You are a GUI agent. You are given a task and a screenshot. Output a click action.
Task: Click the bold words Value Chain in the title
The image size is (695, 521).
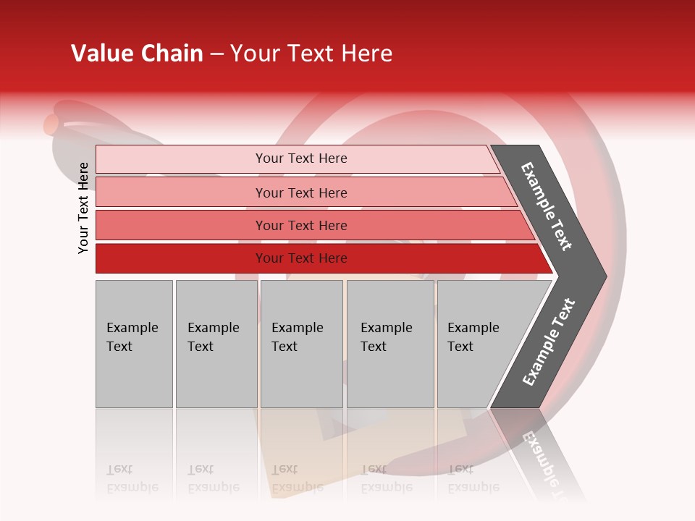point(137,54)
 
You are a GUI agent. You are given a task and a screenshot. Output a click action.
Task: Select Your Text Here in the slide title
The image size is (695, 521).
point(311,54)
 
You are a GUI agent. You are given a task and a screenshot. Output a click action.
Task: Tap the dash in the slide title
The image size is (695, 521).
point(216,54)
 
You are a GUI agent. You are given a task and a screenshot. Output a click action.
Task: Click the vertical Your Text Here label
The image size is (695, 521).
point(84,208)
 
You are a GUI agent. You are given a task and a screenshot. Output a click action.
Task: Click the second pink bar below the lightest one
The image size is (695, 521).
point(301,192)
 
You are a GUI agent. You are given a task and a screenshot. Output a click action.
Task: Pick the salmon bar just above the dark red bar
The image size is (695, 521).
point(301,225)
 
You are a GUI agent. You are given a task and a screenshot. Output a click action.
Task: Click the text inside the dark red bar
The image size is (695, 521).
point(301,258)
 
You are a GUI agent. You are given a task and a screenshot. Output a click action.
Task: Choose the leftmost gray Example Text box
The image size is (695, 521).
point(134,343)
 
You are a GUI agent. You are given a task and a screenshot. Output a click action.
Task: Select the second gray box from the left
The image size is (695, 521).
point(216,343)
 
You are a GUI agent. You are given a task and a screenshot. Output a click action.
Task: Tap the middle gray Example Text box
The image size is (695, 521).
point(301,343)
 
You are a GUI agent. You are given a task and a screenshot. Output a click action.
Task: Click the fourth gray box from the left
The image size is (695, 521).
point(389,343)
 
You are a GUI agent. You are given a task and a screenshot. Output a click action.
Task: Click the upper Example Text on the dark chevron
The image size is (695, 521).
point(547,206)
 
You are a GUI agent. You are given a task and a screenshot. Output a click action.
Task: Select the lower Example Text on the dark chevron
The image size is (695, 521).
point(548,342)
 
